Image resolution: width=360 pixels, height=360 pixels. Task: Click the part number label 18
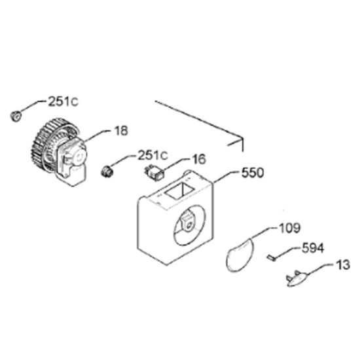[x=121, y=131]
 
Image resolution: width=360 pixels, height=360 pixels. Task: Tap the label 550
[x=253, y=173]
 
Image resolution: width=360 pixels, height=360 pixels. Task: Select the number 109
[x=289, y=228]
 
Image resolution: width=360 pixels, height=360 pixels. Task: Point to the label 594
[x=313, y=248]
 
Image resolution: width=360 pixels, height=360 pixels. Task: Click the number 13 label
[x=342, y=264]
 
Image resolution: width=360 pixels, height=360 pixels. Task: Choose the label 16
[x=199, y=159]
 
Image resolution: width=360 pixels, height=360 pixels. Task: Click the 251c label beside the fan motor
[x=63, y=101]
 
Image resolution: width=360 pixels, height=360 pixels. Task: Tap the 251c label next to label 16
[x=153, y=155]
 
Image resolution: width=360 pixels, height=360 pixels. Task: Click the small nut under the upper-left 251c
[x=16, y=115]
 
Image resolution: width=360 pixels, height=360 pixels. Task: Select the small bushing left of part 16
[x=107, y=171]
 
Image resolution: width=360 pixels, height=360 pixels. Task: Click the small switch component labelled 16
[x=154, y=173]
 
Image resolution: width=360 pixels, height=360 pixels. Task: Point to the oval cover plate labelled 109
[x=240, y=255]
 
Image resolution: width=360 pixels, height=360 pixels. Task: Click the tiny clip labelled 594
[x=271, y=258]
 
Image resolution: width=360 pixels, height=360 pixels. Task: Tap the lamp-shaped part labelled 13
[x=297, y=279]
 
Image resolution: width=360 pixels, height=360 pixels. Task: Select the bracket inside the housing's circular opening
[x=189, y=221]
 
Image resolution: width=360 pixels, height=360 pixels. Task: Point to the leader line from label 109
[x=264, y=233]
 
